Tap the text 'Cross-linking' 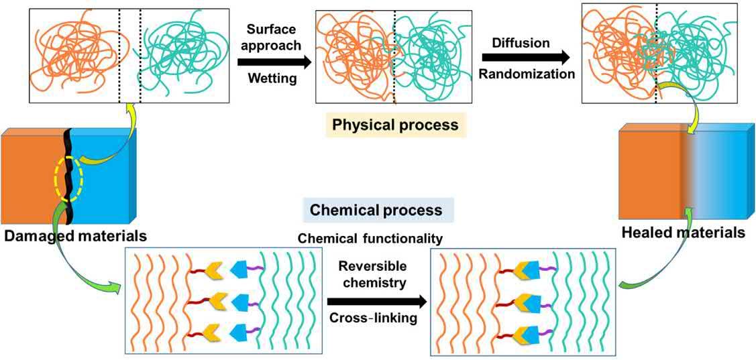pyautogui.click(x=373, y=318)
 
